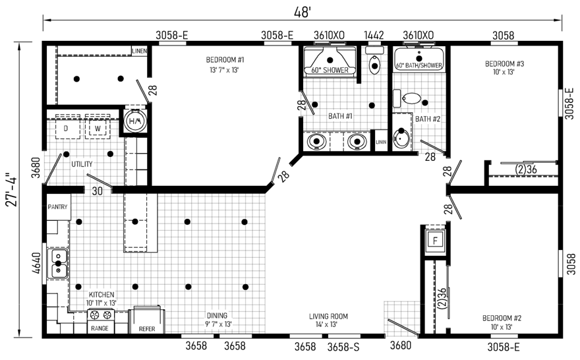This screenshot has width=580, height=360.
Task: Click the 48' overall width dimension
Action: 302,13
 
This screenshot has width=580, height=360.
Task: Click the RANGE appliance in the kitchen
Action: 100,321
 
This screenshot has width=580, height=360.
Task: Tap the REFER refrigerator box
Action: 146,320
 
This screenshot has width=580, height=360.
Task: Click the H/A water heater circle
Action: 134,121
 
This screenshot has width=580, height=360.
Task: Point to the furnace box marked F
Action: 436,241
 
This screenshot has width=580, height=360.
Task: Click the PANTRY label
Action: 58,207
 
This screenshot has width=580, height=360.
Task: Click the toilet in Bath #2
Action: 411,98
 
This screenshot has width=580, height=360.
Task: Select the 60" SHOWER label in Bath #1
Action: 330,70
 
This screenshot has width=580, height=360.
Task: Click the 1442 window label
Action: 374,35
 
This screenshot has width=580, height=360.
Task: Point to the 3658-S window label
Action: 343,347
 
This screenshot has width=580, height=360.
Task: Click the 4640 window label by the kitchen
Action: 37,263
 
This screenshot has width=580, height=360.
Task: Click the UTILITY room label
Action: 82,164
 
